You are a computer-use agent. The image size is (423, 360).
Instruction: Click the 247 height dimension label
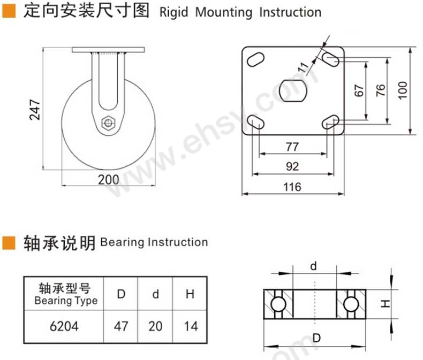point(34,110)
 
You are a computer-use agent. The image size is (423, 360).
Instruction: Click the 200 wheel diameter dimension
point(109,180)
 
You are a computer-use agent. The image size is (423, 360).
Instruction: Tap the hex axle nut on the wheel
point(108,124)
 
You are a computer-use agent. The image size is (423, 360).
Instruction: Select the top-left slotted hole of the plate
point(255,59)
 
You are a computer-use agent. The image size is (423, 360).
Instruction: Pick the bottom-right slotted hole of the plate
point(331,122)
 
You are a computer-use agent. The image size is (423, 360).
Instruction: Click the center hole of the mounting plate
point(293,91)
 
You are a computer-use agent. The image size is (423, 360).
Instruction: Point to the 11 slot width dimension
point(303,67)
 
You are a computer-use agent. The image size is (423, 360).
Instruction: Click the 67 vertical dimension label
point(359,90)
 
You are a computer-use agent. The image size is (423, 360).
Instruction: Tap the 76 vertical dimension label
point(380,90)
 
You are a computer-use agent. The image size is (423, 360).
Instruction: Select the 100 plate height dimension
point(402,90)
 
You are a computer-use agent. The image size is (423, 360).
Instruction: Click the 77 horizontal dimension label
point(292,147)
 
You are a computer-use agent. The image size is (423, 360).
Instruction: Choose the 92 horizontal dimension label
point(292,166)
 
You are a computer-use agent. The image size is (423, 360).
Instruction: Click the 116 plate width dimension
point(292,187)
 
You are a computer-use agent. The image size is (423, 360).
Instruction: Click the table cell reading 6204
point(64,326)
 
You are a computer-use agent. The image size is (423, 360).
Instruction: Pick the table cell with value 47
point(120,326)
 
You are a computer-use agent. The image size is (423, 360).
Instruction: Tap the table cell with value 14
point(190,326)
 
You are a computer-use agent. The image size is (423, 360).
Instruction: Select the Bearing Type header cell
point(64,294)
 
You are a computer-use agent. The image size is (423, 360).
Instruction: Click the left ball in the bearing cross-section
point(278,304)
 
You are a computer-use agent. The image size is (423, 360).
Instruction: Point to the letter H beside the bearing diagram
point(385,304)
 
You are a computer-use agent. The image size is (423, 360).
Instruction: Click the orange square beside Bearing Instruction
point(9,243)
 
